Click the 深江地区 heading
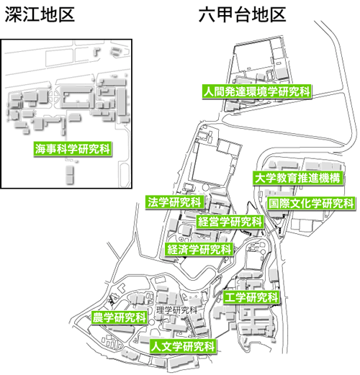(x=40, y=14)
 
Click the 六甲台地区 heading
(x=242, y=14)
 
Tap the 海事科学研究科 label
(x=73, y=149)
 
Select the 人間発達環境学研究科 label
(x=256, y=91)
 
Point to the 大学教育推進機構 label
(x=297, y=178)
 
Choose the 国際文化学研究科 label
(x=311, y=204)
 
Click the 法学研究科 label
(x=175, y=202)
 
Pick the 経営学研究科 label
(x=230, y=222)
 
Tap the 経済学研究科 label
(x=199, y=249)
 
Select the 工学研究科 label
(x=251, y=297)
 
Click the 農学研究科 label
(x=120, y=317)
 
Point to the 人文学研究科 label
(x=183, y=346)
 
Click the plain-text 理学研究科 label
(x=177, y=310)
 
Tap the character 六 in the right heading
(x=207, y=14)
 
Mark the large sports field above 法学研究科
(x=211, y=163)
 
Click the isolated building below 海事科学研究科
(x=70, y=174)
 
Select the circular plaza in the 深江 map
(x=54, y=98)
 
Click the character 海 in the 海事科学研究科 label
(x=40, y=149)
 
